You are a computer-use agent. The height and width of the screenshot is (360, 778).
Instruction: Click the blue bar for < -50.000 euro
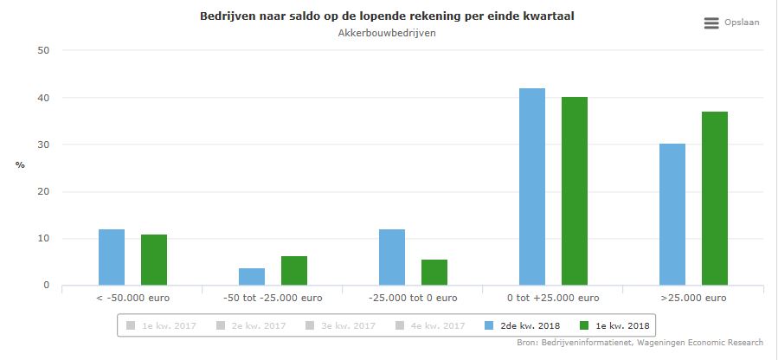click(112, 257)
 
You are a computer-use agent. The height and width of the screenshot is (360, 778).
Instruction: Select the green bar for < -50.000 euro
click(154, 260)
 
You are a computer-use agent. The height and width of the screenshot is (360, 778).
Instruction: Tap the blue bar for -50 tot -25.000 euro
click(252, 276)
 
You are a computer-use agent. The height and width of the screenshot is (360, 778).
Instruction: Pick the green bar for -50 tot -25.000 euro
click(294, 270)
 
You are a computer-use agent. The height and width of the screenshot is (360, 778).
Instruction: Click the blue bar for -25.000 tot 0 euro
click(392, 257)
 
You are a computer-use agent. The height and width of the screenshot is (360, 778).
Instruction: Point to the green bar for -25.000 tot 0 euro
click(434, 272)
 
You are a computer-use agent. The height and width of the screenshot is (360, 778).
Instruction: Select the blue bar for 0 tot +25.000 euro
click(532, 186)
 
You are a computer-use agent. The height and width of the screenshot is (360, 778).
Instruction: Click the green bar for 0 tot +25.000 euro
click(575, 190)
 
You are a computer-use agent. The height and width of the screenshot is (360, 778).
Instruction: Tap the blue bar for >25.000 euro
click(672, 214)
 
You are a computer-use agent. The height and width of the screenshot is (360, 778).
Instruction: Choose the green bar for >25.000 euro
click(715, 198)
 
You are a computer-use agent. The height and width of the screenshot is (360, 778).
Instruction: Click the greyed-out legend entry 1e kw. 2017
click(165, 325)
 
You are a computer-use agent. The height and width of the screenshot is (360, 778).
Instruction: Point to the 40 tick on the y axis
click(42, 98)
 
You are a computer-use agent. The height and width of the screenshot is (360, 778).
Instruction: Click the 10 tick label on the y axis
click(42, 239)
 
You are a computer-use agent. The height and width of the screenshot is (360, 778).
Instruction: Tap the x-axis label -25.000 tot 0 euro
click(413, 299)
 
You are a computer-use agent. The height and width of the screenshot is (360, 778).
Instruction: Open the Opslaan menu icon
click(711, 23)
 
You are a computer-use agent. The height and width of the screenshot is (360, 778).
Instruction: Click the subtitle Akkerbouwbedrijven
click(388, 33)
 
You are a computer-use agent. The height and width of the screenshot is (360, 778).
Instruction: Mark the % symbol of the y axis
click(20, 165)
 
